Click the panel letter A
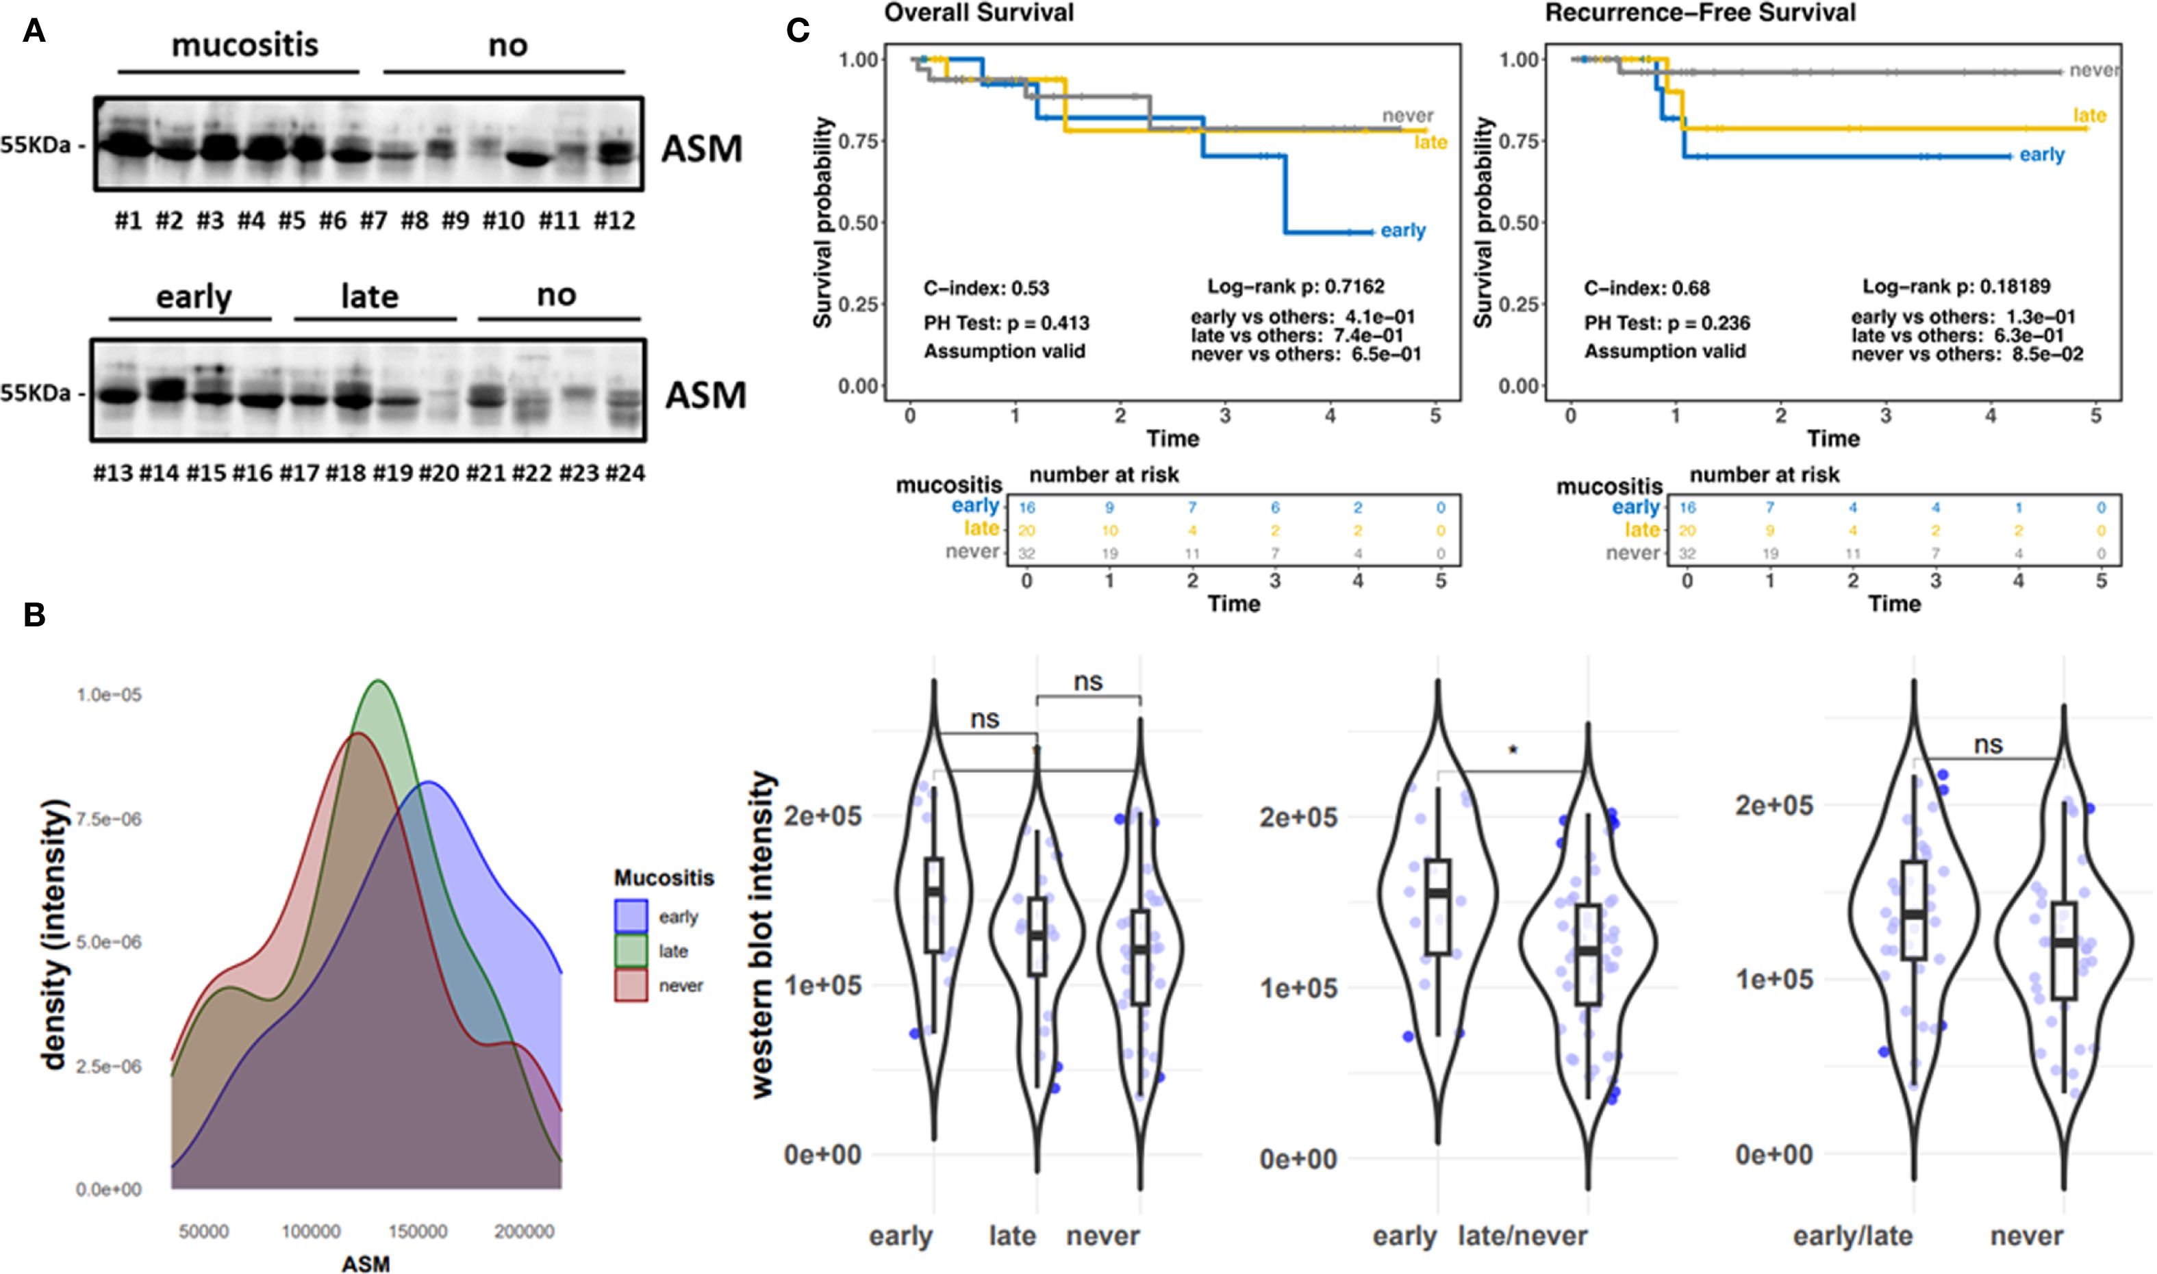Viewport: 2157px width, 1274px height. [34, 31]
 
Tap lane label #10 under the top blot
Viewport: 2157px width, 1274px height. [503, 222]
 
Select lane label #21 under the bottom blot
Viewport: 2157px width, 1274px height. [484, 473]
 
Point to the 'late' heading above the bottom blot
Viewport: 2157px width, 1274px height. [369, 296]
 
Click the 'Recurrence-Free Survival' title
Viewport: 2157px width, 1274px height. [1700, 13]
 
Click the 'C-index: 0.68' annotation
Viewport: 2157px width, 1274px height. [1646, 288]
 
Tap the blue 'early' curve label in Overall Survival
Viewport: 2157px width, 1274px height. [1403, 231]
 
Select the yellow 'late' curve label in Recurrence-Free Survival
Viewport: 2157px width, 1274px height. [2089, 116]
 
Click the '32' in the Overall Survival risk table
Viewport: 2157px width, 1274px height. [1026, 554]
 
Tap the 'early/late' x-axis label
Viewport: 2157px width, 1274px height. [1852, 1237]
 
